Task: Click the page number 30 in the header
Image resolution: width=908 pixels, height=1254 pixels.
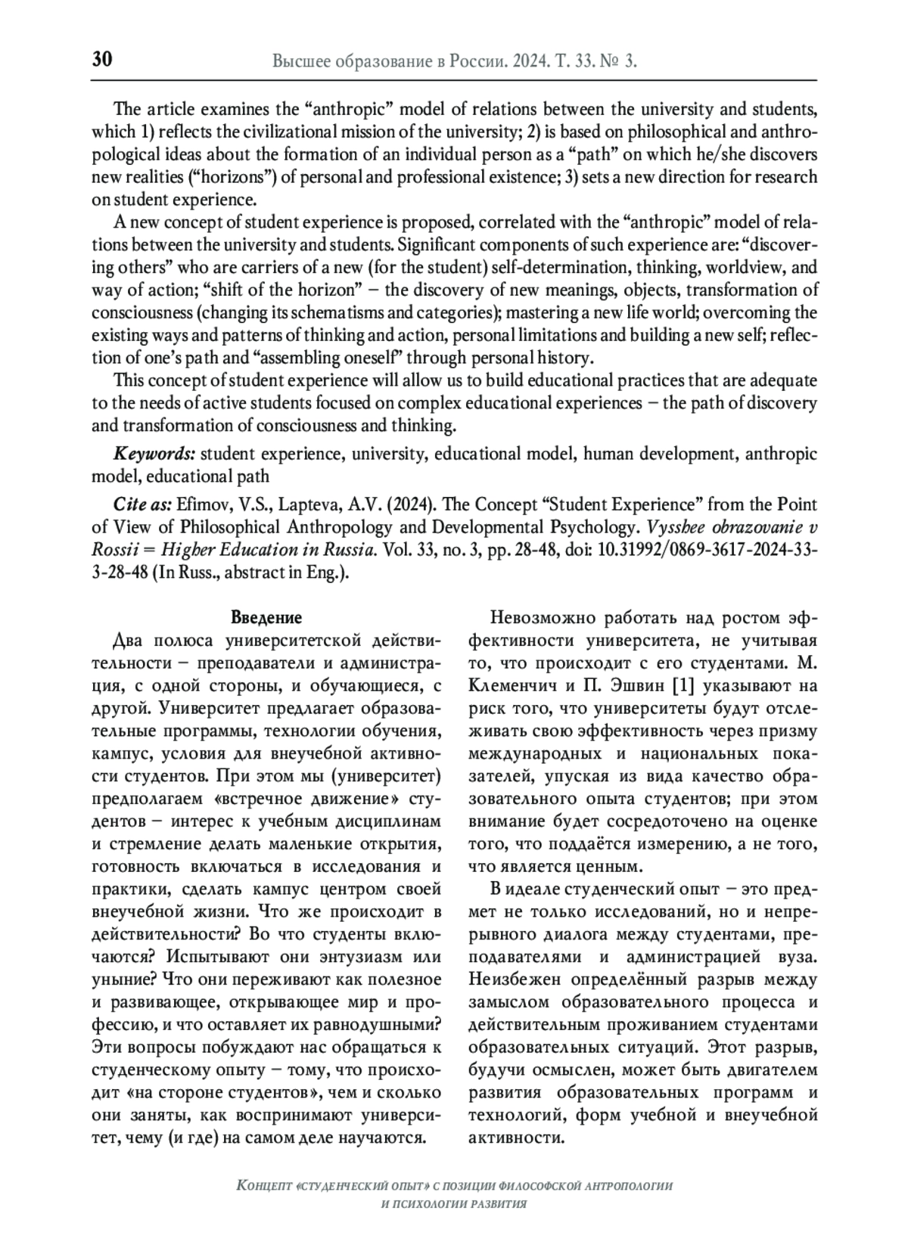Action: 102,60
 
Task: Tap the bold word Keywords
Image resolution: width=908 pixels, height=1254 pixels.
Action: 154,454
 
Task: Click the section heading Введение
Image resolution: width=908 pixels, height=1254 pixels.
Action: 266,618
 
